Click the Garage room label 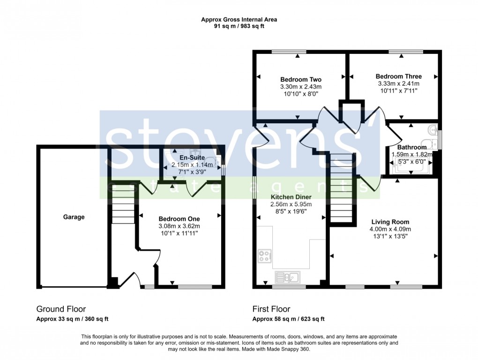[x=74, y=217]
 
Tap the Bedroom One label [x=179, y=219]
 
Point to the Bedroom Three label [x=398, y=76]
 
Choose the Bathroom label [x=411, y=147]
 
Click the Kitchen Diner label [x=291, y=197]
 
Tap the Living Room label [x=390, y=222]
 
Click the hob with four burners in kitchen [x=265, y=256]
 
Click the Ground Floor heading [x=61, y=309]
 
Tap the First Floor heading [x=271, y=309]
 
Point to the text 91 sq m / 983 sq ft [x=239, y=27]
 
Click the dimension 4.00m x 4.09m [x=390, y=229]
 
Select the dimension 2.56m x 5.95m [x=291, y=204]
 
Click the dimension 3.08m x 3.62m [x=179, y=226]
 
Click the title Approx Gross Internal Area [x=239, y=20]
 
